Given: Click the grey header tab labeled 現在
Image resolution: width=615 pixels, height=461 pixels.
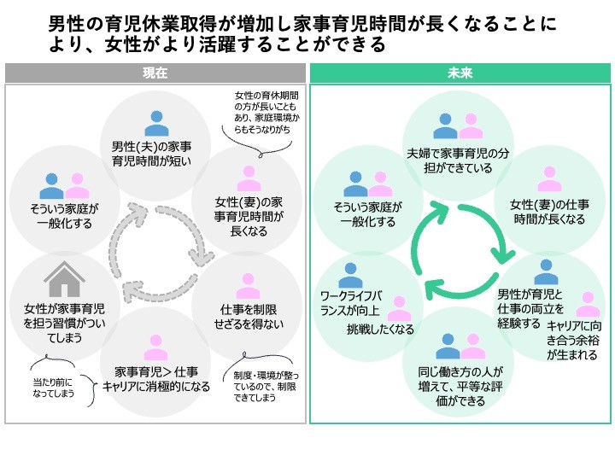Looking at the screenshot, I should (x=155, y=73).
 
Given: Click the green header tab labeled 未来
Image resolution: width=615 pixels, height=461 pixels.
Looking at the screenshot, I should (x=460, y=73).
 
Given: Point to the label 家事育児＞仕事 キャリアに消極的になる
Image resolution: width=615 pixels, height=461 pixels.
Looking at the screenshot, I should (x=156, y=378).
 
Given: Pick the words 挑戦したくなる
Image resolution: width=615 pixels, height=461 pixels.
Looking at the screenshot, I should (x=380, y=330).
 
